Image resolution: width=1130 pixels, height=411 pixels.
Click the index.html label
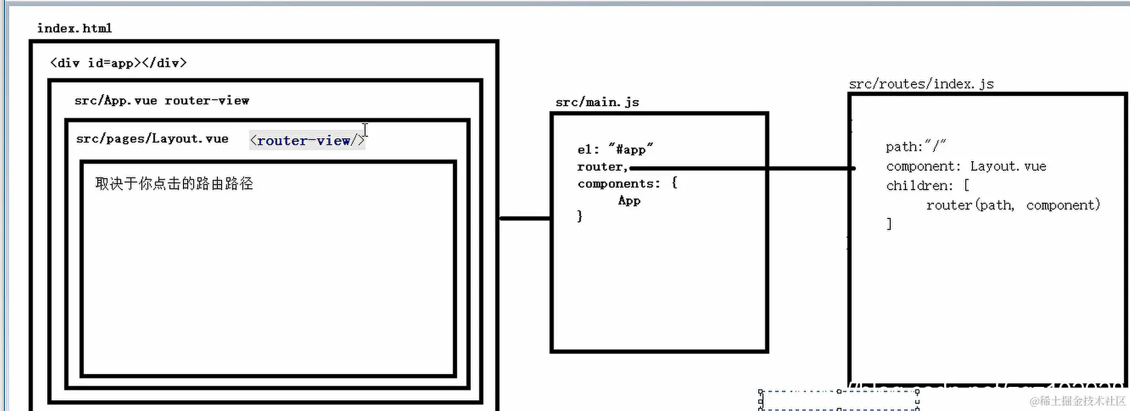pos(74,28)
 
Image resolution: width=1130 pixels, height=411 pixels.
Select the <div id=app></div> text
pos(118,63)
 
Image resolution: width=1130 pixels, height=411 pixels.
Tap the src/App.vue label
pos(115,101)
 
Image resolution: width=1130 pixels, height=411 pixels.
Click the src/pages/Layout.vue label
pos(152,139)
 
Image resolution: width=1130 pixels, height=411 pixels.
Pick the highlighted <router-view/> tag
pos(307,141)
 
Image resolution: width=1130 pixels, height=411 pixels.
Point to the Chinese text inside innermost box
pos(174,183)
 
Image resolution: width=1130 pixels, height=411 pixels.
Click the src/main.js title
pos(597,102)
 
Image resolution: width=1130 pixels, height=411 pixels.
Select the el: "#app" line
pos(614,149)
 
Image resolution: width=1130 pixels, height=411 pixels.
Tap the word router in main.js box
pos(601,167)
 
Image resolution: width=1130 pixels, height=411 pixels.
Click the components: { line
pos(627,183)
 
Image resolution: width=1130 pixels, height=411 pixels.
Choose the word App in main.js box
pos(629,201)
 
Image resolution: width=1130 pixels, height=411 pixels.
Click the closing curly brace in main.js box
pos(579,216)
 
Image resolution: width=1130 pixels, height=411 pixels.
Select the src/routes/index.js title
pos(921,84)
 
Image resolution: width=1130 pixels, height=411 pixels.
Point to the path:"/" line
pos(915,147)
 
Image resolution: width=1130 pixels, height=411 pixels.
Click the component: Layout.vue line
pos(966,167)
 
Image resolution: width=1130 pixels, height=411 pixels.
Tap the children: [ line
pos(927,186)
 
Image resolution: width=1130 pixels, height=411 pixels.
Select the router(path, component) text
pos(1013,205)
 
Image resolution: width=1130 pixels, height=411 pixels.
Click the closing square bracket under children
pos(889,224)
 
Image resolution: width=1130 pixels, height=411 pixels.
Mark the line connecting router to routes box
pos(742,168)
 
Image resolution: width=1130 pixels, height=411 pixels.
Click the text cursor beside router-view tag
pos(365,130)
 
